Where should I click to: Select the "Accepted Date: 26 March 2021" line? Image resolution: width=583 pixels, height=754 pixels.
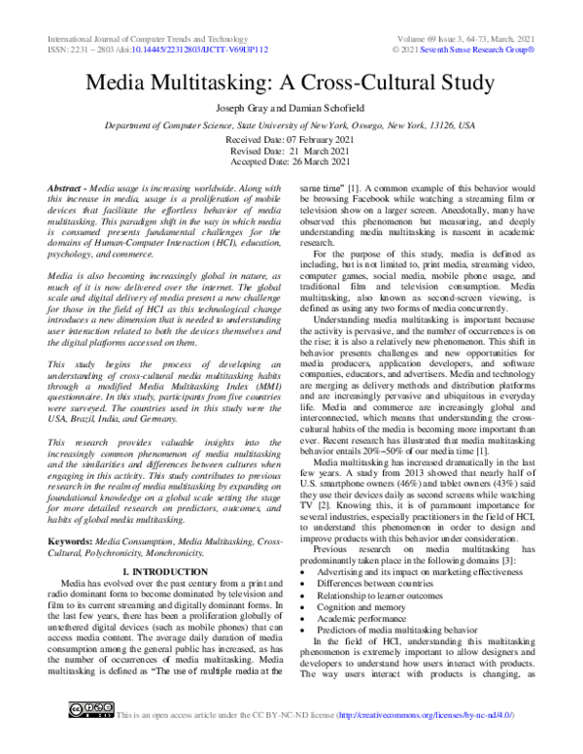(x=291, y=163)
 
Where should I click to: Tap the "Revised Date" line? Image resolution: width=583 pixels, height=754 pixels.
(x=291, y=152)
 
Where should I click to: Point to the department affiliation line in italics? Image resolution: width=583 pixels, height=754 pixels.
(x=291, y=126)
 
